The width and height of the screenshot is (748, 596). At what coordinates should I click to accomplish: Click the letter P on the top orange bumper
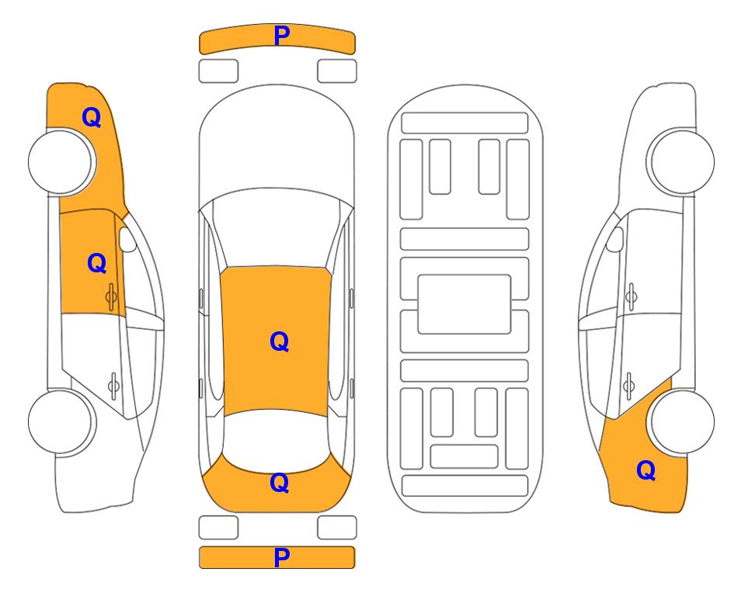tap(282, 35)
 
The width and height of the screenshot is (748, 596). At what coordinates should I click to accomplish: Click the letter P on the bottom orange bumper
tap(282, 557)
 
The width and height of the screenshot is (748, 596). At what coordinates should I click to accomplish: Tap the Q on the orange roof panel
tap(280, 341)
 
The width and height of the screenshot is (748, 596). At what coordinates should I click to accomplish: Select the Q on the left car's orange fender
tap(92, 117)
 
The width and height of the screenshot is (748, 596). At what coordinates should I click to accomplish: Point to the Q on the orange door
tap(97, 263)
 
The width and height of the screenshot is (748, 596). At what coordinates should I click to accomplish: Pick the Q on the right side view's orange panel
tap(646, 470)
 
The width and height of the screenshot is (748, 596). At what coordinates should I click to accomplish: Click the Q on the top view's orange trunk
tap(280, 483)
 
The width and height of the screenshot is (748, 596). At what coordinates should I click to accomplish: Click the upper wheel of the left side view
tap(61, 162)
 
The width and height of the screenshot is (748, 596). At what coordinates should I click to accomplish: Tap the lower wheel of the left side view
tap(61, 421)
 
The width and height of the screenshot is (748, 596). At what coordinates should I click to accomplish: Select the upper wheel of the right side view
tap(682, 161)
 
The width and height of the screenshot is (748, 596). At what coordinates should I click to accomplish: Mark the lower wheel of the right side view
tap(682, 421)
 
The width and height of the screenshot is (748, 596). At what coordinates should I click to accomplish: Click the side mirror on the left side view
tap(127, 239)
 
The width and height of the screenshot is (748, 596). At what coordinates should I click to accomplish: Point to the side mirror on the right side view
tap(615, 239)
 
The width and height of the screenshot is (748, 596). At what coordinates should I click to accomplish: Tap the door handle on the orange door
tap(112, 296)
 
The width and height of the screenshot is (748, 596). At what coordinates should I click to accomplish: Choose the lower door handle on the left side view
tap(113, 385)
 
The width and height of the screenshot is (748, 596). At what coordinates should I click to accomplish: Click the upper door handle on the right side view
tap(631, 296)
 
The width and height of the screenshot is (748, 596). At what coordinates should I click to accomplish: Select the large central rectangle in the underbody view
tap(464, 304)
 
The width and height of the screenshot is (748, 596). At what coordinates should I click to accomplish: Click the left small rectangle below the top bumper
tap(218, 71)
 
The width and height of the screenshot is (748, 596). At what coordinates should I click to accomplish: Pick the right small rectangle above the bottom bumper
tap(337, 528)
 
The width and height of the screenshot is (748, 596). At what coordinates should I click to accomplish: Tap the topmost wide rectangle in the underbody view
tap(464, 123)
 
